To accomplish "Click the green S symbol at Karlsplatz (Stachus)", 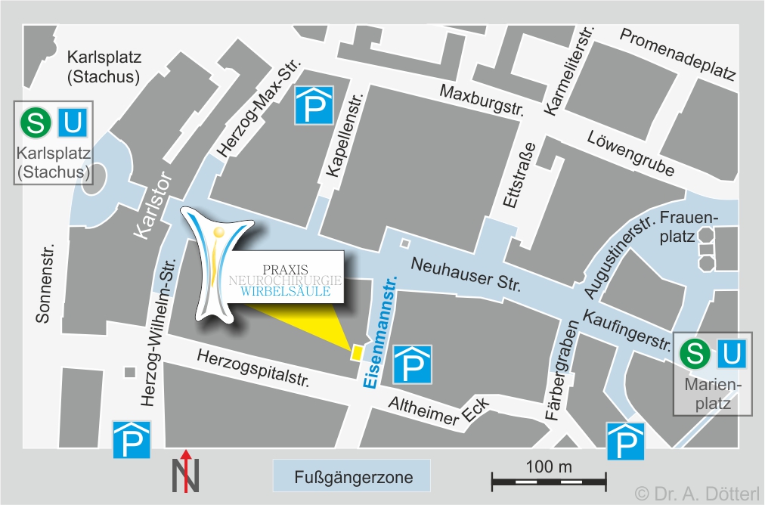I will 35,122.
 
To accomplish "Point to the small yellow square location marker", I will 355,352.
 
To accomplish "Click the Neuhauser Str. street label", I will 466,275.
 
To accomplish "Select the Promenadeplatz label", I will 677,54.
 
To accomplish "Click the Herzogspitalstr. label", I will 252,368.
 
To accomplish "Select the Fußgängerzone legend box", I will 351,477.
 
